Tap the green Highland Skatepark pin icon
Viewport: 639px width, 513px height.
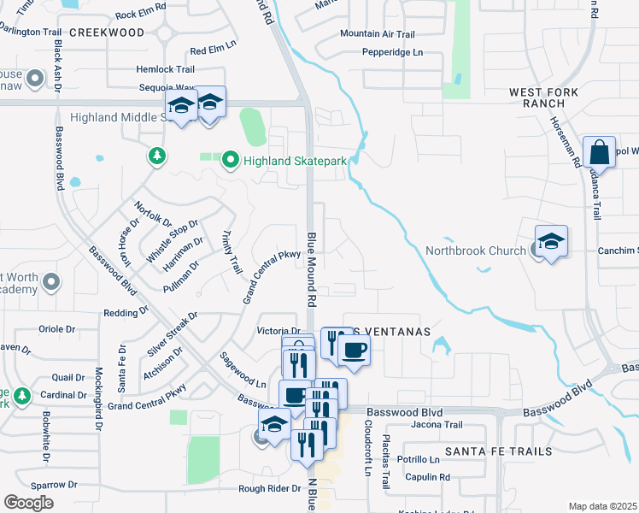coord(230,160)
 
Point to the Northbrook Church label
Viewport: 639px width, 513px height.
coord(476,251)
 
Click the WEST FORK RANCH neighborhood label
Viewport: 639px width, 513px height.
coord(544,97)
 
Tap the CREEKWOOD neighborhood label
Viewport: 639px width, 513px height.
coord(107,32)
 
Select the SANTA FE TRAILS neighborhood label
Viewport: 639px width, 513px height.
coord(498,451)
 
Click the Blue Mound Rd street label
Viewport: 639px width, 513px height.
coord(312,270)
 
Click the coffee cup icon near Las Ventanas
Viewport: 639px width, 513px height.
coord(353,348)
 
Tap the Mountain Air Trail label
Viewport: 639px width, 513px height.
coord(377,34)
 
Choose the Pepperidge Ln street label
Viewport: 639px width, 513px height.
coord(392,52)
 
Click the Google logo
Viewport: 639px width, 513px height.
coord(29,503)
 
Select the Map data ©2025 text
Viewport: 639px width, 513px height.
coord(602,506)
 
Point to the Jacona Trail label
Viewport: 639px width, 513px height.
coord(437,425)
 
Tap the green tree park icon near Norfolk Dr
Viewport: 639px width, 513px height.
coord(156,156)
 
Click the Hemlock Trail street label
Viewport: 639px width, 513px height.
coord(165,69)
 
